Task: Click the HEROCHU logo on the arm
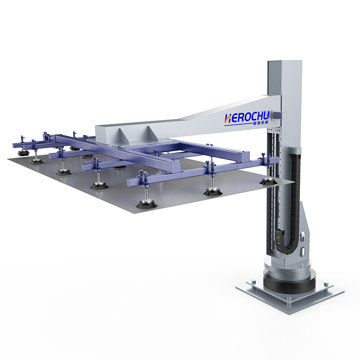[x=246, y=118]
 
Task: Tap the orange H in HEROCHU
[x=228, y=118]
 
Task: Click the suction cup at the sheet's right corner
[x=266, y=181]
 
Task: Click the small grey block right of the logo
[x=282, y=116]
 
